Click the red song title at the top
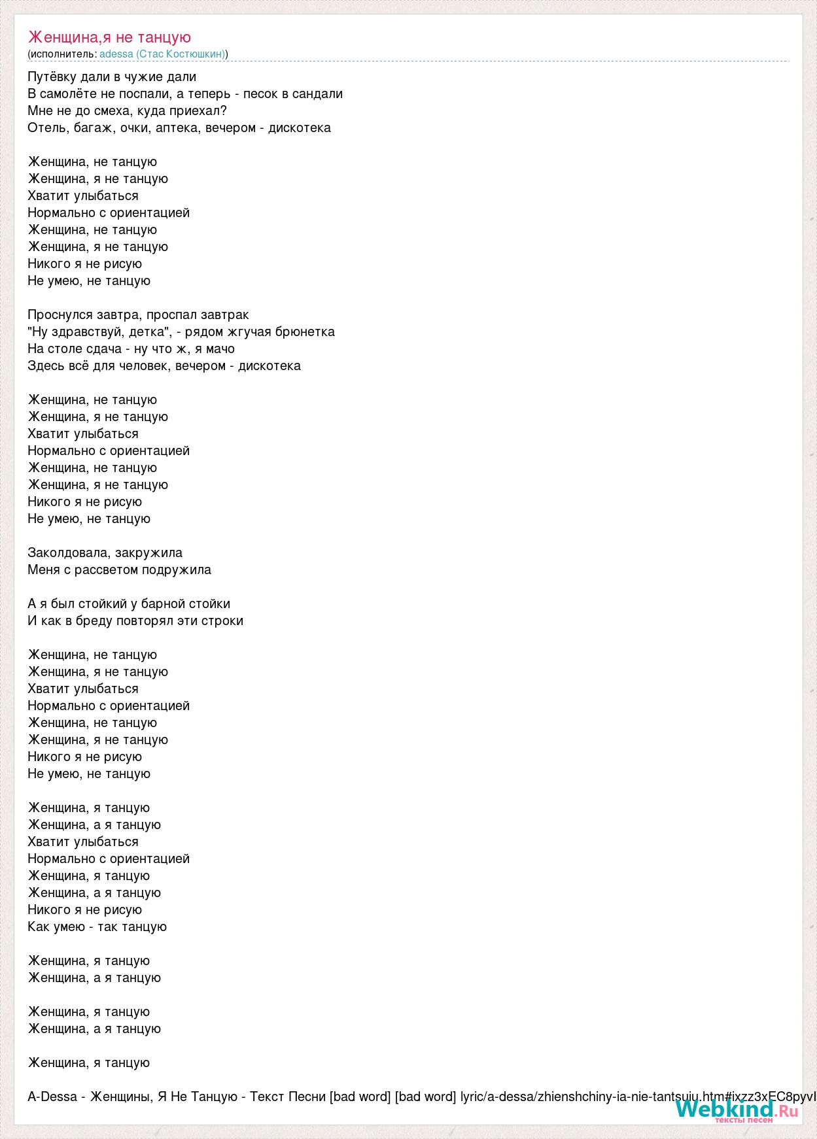(x=109, y=37)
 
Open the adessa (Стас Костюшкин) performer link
(x=162, y=54)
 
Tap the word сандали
(x=317, y=93)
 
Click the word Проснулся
(x=60, y=314)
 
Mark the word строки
(x=223, y=620)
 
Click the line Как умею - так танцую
(x=97, y=926)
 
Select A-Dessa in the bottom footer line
(x=52, y=1096)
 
